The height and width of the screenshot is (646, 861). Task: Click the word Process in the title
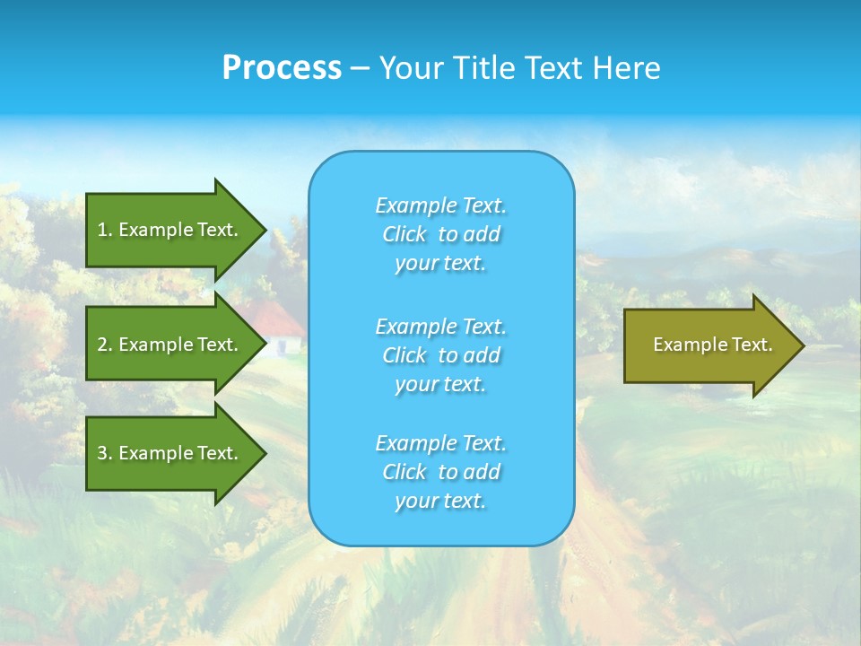[x=282, y=68]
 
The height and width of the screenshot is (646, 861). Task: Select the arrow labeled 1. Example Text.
[x=170, y=230]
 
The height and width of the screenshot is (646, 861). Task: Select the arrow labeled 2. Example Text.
[x=170, y=345]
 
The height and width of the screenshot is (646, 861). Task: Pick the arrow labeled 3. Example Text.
[x=170, y=453]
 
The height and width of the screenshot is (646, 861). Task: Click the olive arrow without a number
[x=709, y=345]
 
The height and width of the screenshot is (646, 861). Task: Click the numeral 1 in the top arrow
[x=102, y=230]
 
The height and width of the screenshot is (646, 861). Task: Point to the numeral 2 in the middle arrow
[x=102, y=345]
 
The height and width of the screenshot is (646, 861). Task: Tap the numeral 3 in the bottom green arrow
[x=102, y=453]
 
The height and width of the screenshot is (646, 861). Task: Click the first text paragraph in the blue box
[x=440, y=234]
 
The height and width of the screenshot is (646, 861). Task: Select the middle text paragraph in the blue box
[x=440, y=355]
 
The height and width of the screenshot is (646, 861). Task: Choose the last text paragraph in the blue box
[x=440, y=472]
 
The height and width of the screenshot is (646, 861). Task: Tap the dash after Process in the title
[x=360, y=68]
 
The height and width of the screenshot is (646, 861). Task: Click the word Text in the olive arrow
[x=752, y=345]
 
